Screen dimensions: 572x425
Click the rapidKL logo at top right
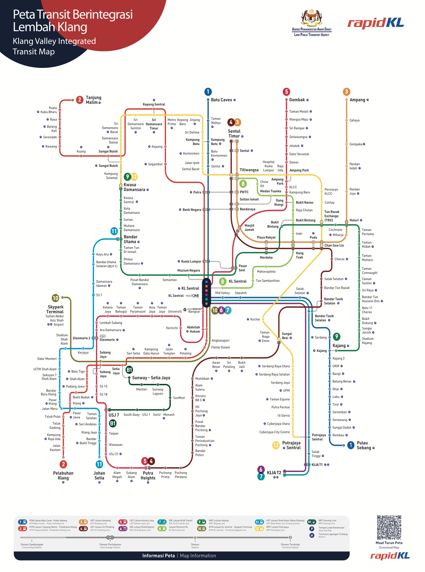tap(376, 23)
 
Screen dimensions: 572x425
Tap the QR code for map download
tap(389, 527)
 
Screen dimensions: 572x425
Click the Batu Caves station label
tap(221, 100)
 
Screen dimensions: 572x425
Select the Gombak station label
tap(297, 100)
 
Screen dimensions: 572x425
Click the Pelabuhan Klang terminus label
tap(63, 476)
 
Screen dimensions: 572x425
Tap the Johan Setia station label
tap(99, 476)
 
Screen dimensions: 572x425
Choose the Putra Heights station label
tap(148, 476)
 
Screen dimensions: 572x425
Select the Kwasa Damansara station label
tap(134, 187)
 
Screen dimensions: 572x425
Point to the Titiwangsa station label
tap(249, 170)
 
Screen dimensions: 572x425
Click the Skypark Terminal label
tap(55, 309)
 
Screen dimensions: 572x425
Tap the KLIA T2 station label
tap(274, 472)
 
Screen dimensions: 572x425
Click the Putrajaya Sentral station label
tap(291, 445)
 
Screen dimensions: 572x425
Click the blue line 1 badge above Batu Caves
tap(208, 92)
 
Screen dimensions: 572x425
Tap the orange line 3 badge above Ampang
tap(346, 92)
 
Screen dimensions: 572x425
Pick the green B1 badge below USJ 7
tap(113, 423)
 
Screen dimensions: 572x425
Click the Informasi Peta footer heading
tap(158, 555)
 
